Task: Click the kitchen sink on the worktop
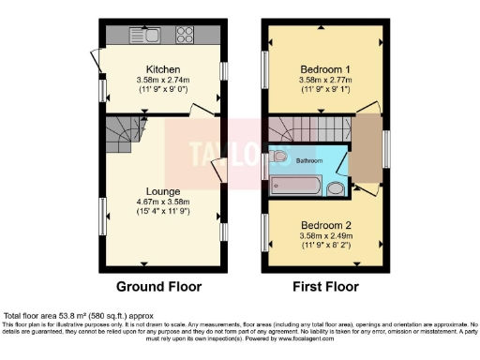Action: point(148,37)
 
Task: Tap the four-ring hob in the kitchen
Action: point(185,37)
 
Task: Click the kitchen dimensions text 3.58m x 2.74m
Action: point(163,80)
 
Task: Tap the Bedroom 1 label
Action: point(325,70)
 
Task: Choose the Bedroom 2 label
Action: point(325,226)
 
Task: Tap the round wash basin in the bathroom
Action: point(336,187)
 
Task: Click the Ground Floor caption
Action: point(158,286)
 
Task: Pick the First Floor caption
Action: point(323,286)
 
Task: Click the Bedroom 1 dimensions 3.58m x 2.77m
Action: point(325,81)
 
